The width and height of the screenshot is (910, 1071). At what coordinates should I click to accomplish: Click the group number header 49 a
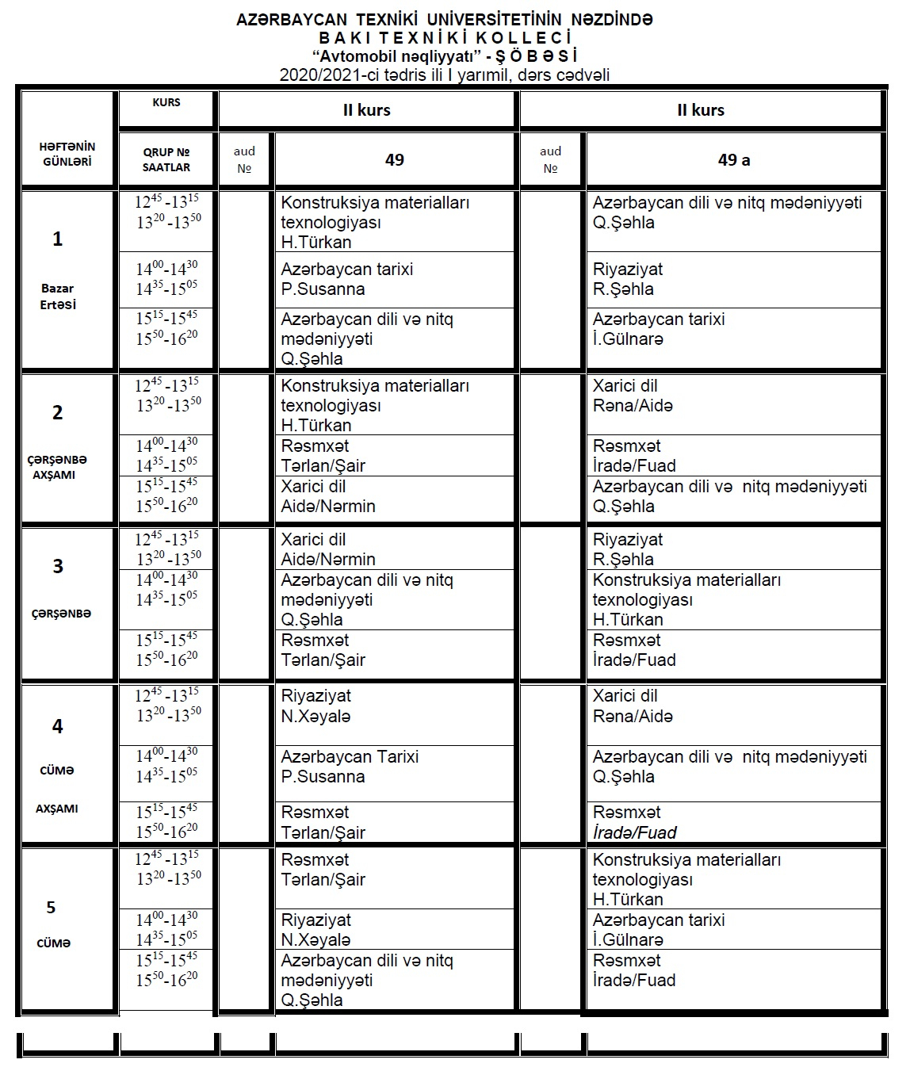coord(733,159)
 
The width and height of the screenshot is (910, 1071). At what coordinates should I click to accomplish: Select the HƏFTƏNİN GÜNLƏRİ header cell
coord(67,154)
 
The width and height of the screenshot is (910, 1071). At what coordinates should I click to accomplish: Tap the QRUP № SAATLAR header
coord(166,159)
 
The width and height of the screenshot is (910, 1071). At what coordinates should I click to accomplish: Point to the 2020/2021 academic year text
coord(444,75)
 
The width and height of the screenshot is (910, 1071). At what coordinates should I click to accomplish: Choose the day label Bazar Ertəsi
coord(58,296)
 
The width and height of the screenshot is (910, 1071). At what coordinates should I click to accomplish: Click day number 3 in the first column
coord(58,566)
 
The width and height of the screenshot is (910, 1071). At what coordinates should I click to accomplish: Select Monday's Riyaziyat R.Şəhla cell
coord(733,279)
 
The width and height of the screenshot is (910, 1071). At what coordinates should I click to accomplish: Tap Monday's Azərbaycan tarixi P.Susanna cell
coord(395,279)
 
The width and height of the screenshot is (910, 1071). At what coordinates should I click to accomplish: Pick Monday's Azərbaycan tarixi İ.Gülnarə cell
coord(733,329)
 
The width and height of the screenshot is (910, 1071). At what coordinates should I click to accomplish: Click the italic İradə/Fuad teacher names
coord(635,832)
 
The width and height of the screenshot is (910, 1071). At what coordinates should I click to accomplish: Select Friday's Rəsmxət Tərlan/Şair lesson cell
coord(395,870)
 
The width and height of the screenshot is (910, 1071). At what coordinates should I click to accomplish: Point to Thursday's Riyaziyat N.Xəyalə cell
coord(395,706)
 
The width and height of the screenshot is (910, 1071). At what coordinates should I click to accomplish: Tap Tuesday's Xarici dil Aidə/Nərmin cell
coord(395,496)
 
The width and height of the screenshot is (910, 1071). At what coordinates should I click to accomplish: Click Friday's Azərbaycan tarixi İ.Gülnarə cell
coord(733,929)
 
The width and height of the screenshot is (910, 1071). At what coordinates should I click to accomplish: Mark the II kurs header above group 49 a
coord(701,110)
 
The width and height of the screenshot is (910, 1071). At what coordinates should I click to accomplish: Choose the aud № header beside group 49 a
coord(551,159)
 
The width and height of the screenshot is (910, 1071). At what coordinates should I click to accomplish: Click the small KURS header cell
coord(166,102)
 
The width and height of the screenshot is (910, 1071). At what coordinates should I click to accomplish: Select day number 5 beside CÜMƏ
coord(52,908)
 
